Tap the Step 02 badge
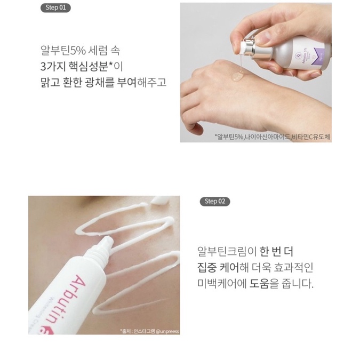point(214,201)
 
